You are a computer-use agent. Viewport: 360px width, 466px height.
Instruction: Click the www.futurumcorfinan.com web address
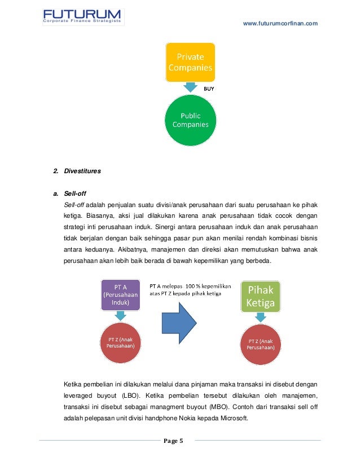280,23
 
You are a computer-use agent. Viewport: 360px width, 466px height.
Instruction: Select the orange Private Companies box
190,63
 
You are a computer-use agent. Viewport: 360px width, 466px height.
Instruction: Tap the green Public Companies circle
190,120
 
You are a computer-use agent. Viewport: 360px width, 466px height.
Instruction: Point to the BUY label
209,89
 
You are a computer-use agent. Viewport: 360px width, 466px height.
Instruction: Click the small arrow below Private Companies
190,87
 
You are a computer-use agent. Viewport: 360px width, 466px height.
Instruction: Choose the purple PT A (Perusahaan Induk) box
121,294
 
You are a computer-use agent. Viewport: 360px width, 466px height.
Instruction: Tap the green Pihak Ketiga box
260,297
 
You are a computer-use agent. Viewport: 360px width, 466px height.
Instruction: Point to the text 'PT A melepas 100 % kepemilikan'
190,287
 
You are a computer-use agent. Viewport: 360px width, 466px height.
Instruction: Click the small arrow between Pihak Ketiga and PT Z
260,318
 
